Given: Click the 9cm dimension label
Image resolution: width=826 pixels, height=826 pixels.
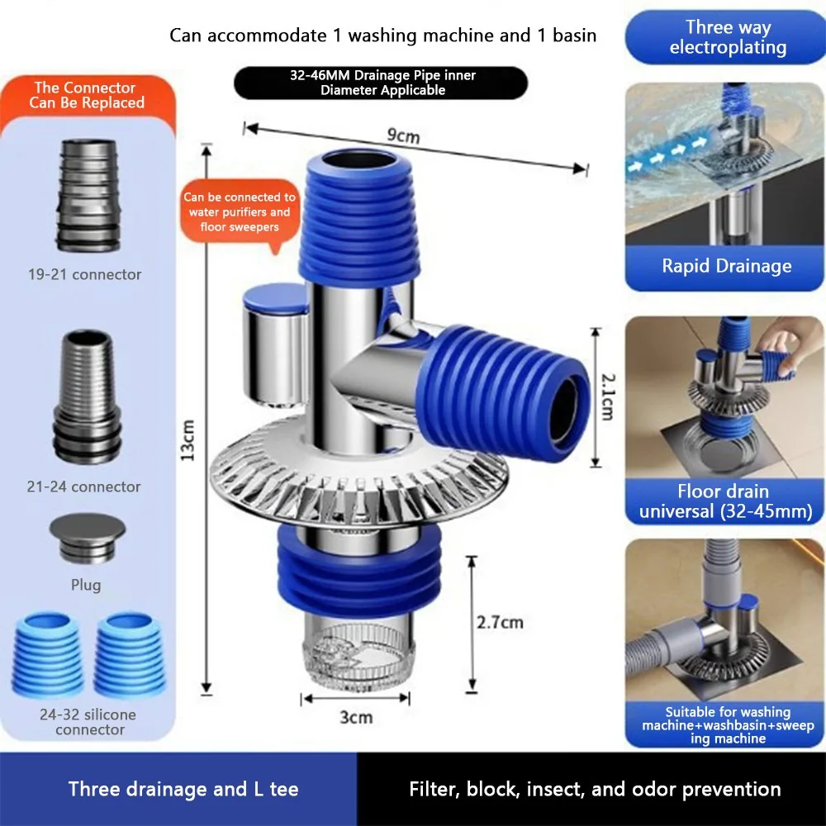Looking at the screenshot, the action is [404, 135].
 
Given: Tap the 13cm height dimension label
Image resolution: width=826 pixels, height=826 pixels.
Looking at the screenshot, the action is [188, 440].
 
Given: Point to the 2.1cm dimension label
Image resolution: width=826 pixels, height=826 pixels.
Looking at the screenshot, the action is [608, 396].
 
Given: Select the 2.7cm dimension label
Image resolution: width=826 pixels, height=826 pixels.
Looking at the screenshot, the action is [500, 622].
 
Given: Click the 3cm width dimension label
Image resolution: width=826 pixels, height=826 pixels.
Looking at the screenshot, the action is [356, 717].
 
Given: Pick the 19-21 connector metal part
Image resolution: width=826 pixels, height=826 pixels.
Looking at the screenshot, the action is [88, 196].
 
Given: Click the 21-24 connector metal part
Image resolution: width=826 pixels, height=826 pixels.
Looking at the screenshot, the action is [88, 397].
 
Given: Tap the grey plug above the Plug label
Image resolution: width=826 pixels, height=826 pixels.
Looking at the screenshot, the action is [88, 538].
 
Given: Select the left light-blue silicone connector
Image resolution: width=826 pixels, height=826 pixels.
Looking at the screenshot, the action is [47, 653].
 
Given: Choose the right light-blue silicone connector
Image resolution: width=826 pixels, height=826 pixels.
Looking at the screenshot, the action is [130, 653].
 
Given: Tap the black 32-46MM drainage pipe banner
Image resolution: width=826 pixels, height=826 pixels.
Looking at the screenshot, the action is [382, 83].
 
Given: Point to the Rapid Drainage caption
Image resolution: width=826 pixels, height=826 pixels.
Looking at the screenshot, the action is [726, 265].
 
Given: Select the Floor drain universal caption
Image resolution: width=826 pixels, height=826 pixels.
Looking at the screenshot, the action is [725, 501].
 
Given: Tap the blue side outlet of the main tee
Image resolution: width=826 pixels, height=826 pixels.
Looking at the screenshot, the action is [503, 392].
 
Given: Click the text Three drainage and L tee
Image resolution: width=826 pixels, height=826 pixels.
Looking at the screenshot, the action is [183, 789].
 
